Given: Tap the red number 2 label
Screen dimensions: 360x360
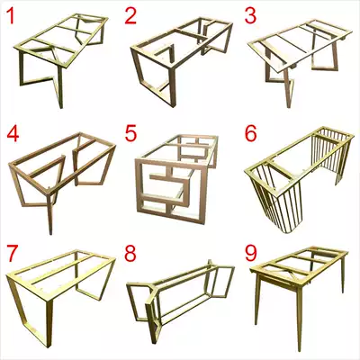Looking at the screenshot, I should [130, 14].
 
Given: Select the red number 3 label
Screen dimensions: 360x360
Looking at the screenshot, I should [251, 14].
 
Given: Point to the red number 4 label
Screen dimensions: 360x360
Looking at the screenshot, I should [11, 134].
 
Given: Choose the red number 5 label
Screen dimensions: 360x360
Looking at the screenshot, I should [130, 134].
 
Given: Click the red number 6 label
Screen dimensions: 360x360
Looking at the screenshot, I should [251, 134].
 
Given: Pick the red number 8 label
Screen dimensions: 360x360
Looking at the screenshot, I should [130, 254].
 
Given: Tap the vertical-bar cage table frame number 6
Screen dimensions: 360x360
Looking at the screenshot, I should [297, 175].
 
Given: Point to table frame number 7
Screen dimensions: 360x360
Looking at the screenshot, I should [58, 288].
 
